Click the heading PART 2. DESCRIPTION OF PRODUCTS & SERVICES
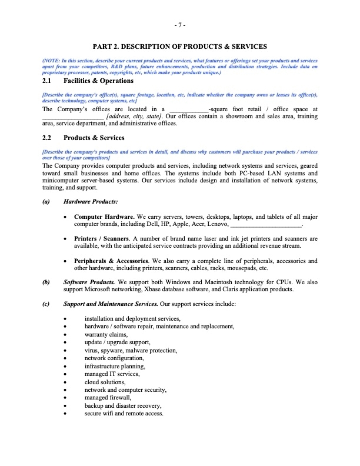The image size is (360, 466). [180, 46]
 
